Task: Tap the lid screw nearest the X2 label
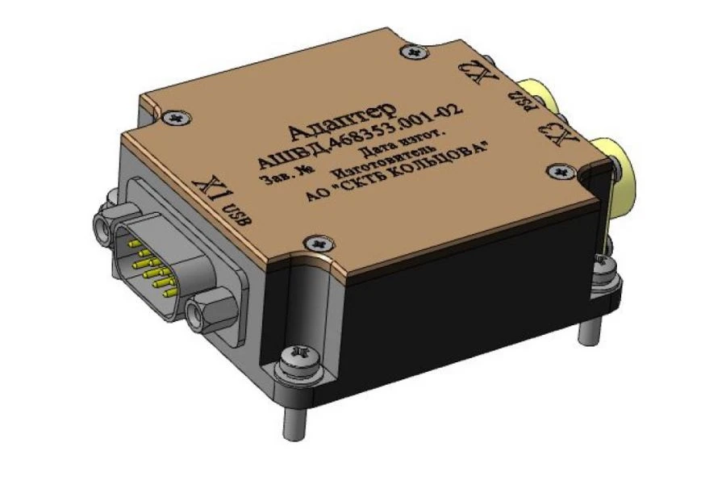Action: pyautogui.click(x=415, y=52)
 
